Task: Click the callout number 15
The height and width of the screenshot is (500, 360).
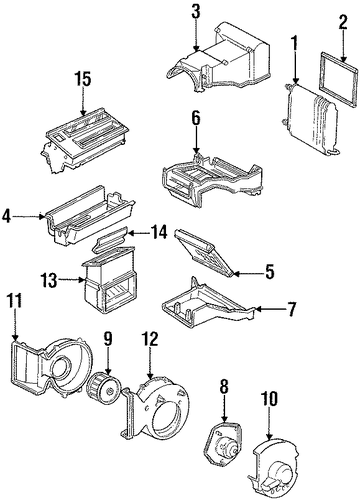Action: coord(82,80)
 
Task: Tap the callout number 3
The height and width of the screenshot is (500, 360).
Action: coord(196,11)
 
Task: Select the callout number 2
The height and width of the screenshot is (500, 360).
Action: coord(343,23)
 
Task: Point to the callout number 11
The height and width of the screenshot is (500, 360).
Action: coord(14,301)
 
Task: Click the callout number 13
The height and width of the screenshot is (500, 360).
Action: coord(49,280)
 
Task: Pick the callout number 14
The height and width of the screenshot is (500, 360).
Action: coord(158,232)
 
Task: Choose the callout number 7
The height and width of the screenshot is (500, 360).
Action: coord(291,309)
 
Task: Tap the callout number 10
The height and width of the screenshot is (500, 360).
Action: coord(269,399)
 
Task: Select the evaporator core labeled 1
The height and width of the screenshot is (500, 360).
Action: coord(310,120)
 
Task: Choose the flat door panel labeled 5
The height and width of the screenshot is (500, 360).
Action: coord(204,252)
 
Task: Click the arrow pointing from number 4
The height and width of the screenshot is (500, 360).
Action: coord(30,217)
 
